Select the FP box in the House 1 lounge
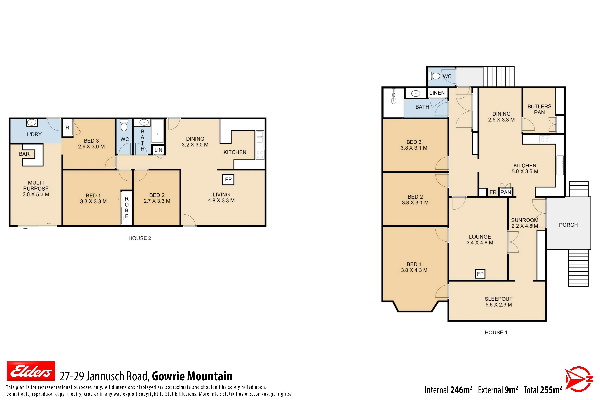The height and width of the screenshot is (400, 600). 480,274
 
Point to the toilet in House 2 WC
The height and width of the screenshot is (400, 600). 124,125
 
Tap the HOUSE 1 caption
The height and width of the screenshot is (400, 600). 496,332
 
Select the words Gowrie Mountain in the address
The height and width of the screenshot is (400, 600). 192,376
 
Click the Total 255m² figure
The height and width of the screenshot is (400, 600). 543,390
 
